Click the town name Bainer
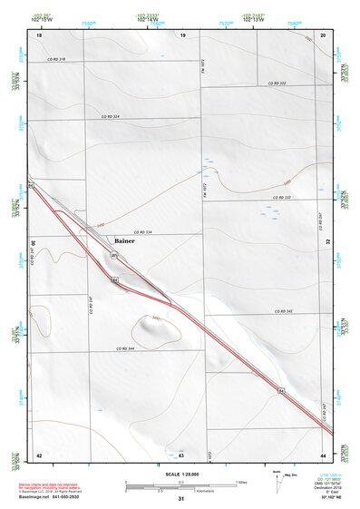(124, 240)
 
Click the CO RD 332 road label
(281, 197)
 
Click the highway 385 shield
(114, 257)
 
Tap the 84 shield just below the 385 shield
(116, 281)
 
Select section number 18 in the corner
(38, 35)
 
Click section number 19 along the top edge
(182, 35)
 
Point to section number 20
(324, 35)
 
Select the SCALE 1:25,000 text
(180, 474)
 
